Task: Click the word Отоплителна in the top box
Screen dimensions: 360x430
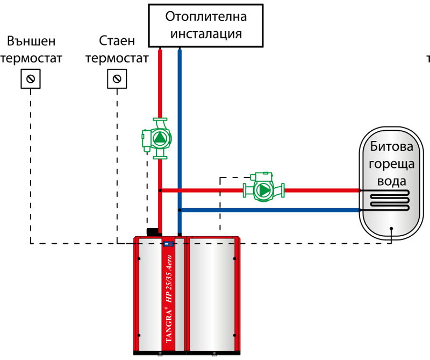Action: tap(206, 17)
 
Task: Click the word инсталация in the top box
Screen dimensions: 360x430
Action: tap(206, 34)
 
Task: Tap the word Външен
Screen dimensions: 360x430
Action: tap(31, 41)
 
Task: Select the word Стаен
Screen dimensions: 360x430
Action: tap(117, 41)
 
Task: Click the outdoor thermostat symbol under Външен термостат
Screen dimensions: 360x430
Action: tap(31, 80)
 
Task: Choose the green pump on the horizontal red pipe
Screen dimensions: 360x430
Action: tap(263, 189)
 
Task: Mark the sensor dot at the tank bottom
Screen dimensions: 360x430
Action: tap(392, 228)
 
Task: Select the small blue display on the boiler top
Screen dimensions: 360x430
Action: tap(168, 244)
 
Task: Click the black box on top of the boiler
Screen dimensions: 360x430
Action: tap(153, 231)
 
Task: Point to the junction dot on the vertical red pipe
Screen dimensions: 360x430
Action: tap(160, 190)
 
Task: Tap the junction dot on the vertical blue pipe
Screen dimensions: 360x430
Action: tap(180, 209)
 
